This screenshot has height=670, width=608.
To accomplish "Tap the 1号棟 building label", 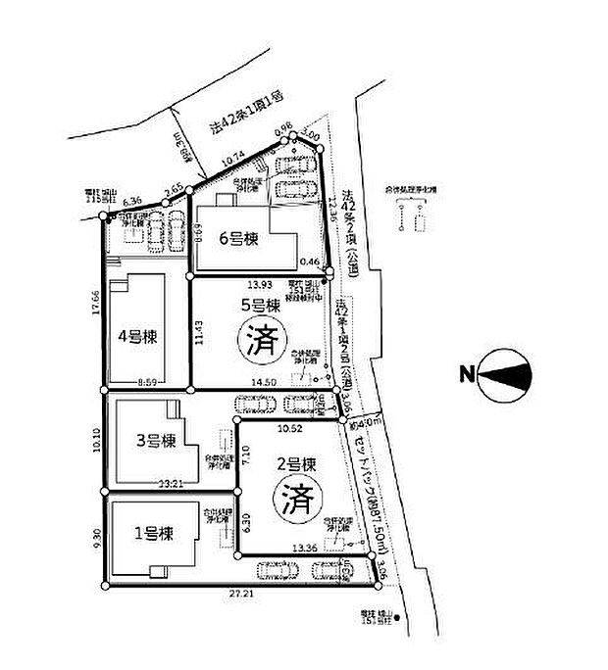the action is point(154,534).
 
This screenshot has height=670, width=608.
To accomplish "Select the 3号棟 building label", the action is point(155,440).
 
